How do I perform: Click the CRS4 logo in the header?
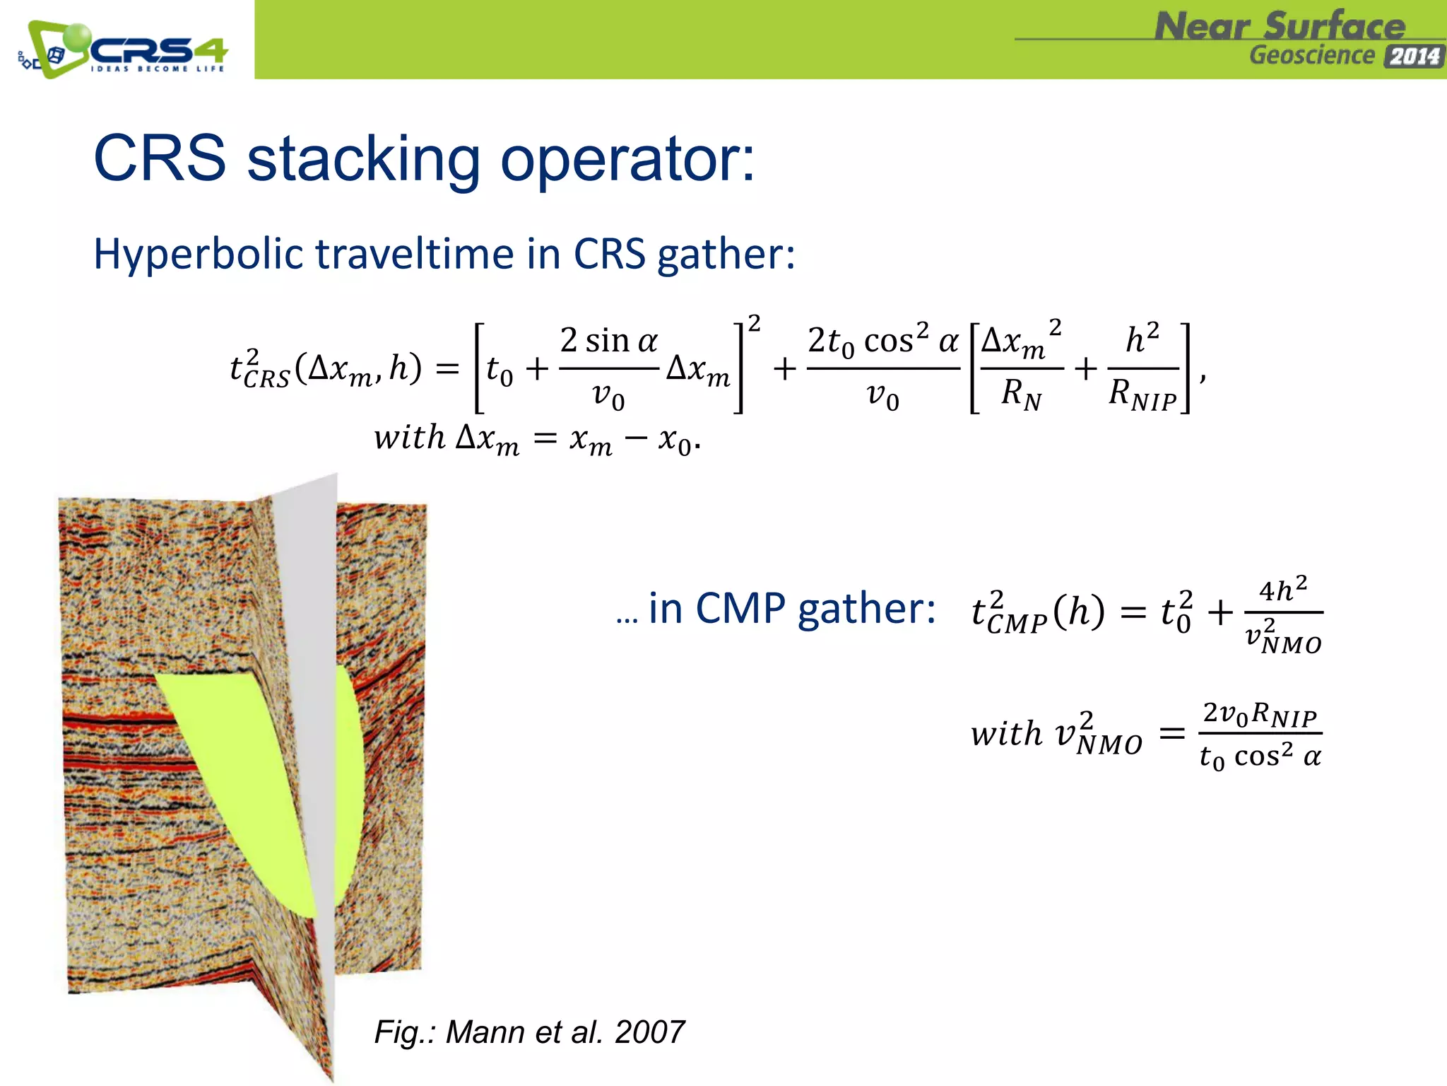pyautogui.click(x=124, y=49)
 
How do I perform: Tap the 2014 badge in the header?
pyautogui.click(x=1414, y=57)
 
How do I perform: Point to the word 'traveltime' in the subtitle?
pyautogui.click(x=415, y=254)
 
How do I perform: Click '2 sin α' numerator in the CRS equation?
pyautogui.click(x=608, y=341)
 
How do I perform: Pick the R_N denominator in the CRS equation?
pyautogui.click(x=1021, y=393)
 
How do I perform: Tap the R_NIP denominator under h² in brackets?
pyautogui.click(x=1142, y=393)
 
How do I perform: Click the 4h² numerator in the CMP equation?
pyautogui.click(x=1283, y=589)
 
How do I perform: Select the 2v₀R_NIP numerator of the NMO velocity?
pyautogui.click(x=1260, y=713)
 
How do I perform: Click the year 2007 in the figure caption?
pyautogui.click(x=649, y=1032)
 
